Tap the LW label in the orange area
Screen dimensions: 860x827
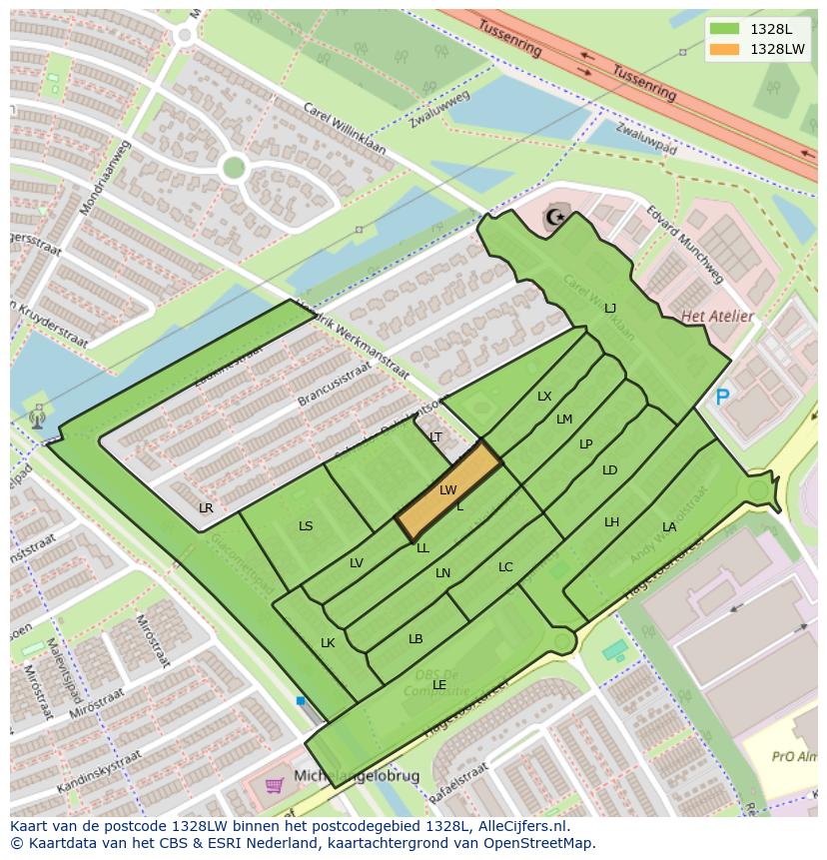447,489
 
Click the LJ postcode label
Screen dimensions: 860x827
610,309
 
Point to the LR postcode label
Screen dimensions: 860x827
206,508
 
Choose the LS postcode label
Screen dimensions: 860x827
306,526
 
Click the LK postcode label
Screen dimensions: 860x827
328,643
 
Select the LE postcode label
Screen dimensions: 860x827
439,684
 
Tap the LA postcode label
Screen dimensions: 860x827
669,527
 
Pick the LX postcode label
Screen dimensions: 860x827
544,397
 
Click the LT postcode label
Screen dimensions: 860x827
435,437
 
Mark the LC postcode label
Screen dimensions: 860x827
505,567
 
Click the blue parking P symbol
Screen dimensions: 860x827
722,398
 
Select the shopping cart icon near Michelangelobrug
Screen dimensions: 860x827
273,785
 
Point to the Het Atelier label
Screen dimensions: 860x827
716,317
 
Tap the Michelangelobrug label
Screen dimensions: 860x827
357,776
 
